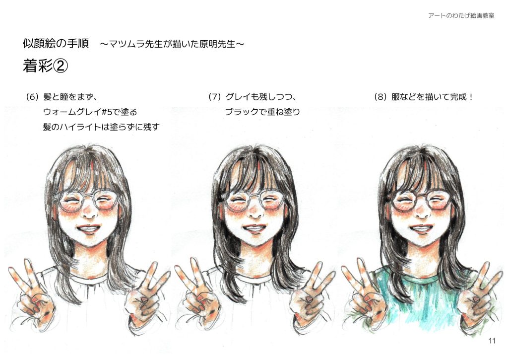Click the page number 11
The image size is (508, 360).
[x=492, y=341]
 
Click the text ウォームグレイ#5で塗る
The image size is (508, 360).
[x=90, y=112]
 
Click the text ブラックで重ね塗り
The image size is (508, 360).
[x=262, y=112]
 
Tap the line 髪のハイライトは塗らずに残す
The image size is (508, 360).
[x=101, y=127]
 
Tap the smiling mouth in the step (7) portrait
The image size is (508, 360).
[x=254, y=229]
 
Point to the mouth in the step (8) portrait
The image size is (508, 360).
[x=421, y=229]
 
